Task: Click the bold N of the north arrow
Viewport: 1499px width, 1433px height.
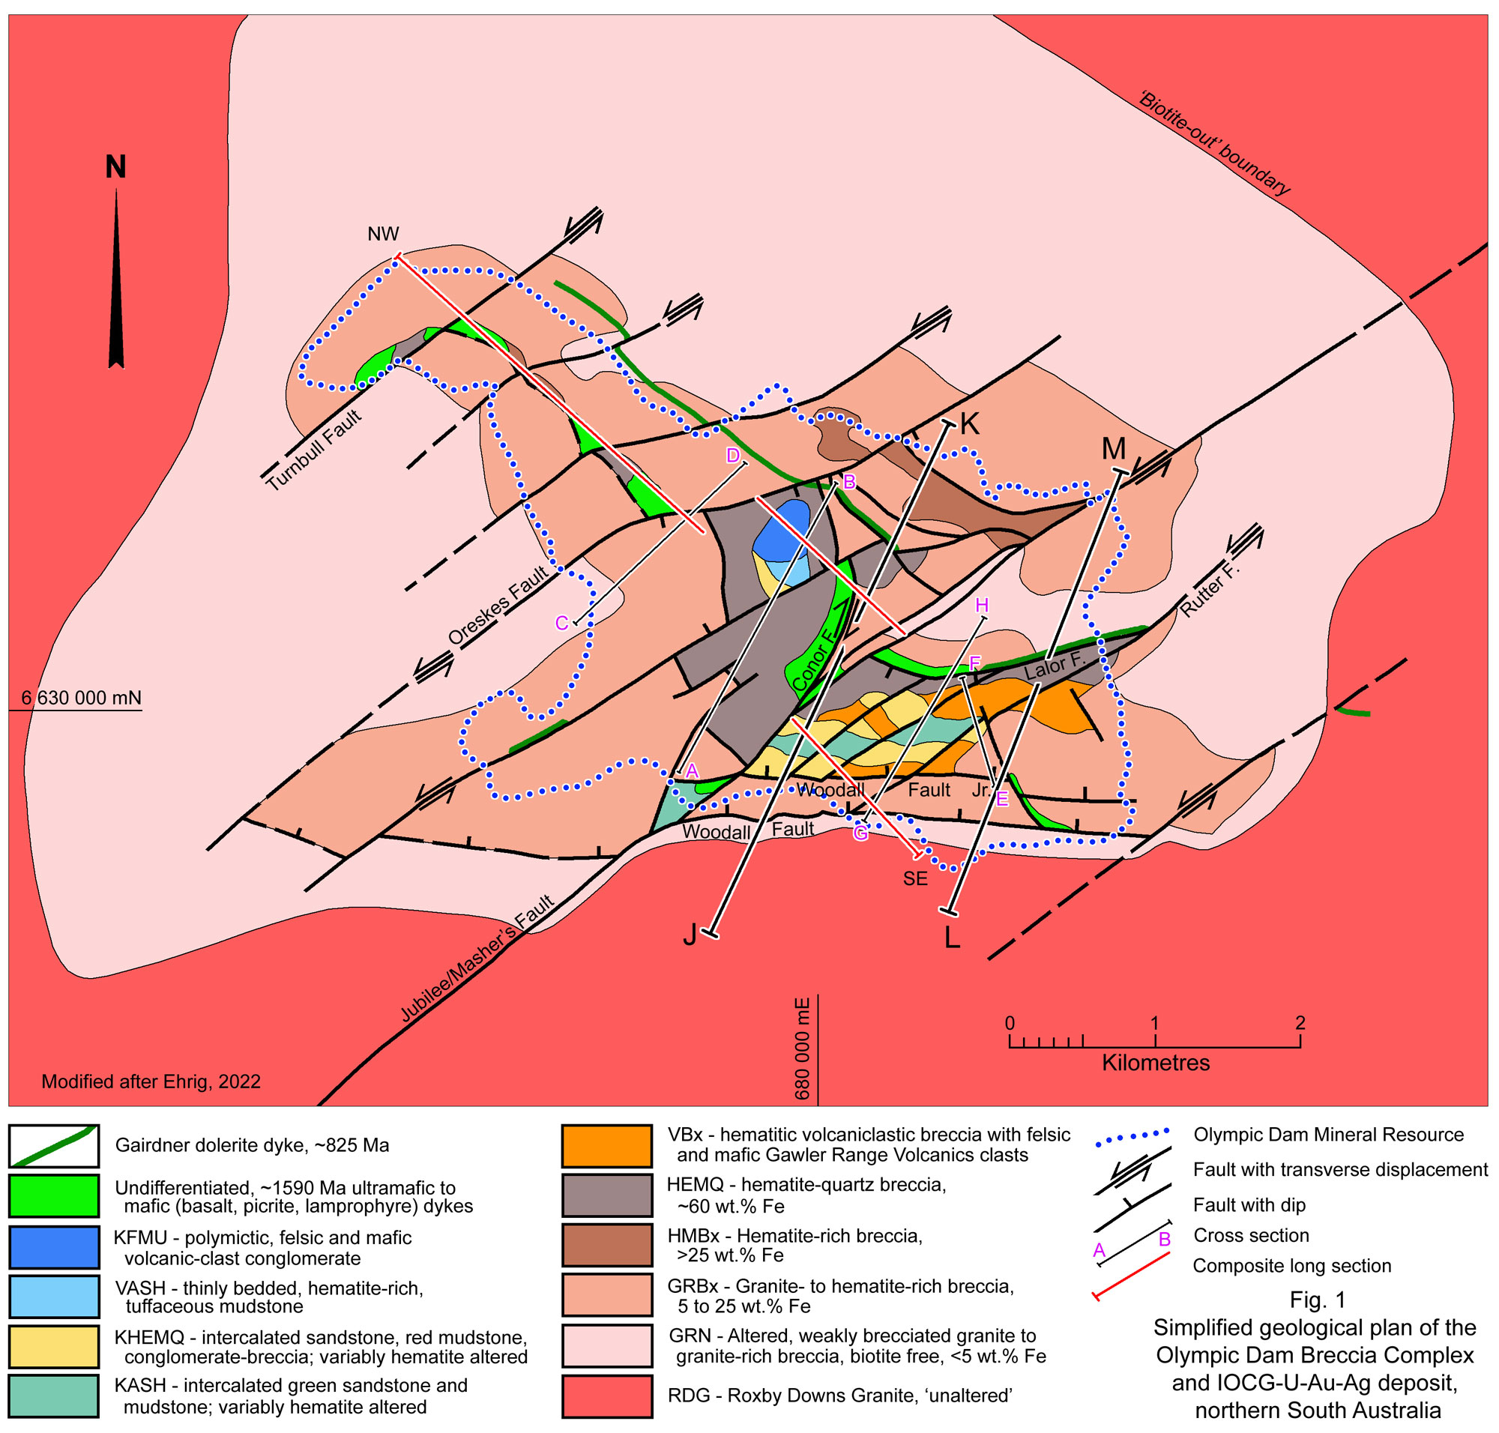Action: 115,166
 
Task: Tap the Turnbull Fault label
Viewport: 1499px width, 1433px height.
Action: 313,450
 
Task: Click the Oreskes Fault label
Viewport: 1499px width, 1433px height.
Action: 498,606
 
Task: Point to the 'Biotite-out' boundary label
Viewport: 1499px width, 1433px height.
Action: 1214,143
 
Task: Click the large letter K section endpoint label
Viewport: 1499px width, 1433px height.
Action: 970,424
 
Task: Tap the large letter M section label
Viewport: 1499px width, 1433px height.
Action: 1114,449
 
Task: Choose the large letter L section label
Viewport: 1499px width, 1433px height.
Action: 952,939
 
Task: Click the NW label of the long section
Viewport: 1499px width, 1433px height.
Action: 383,235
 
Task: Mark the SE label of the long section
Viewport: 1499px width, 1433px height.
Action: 915,879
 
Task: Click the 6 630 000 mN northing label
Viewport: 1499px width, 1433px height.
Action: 81,699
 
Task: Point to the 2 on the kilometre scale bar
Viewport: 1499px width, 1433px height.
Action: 1300,1023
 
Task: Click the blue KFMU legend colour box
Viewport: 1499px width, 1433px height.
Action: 53,1248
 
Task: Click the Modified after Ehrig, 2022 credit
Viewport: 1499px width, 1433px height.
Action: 151,1082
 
